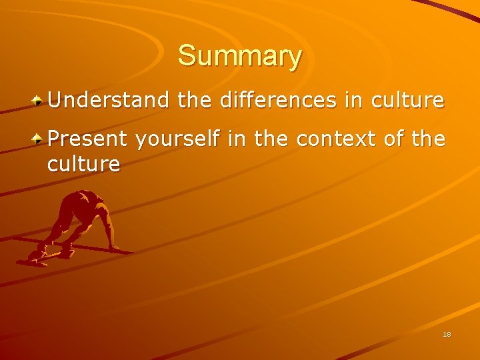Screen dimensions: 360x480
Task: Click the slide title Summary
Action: click(x=240, y=56)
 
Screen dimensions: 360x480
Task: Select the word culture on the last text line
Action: click(x=84, y=163)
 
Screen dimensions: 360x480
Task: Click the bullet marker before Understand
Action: click(x=39, y=101)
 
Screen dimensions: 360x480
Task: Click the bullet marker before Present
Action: click(x=39, y=139)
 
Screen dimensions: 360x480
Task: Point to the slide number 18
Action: click(x=447, y=334)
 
